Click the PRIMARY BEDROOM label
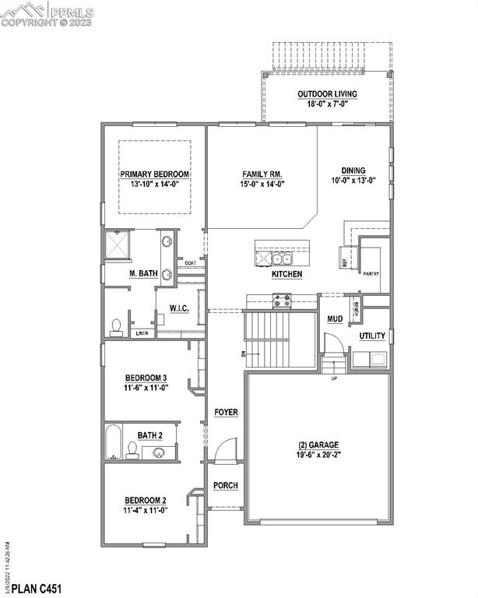[155, 174]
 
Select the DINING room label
[353, 171]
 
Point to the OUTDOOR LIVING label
[327, 94]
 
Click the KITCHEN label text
[286, 275]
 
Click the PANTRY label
[371, 274]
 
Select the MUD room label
[335, 319]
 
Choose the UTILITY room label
[372, 336]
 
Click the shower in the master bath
[119, 246]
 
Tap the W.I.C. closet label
[180, 308]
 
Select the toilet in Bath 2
[132, 449]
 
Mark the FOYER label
[226, 412]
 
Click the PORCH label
[226, 485]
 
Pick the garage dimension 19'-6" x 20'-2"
[318, 455]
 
